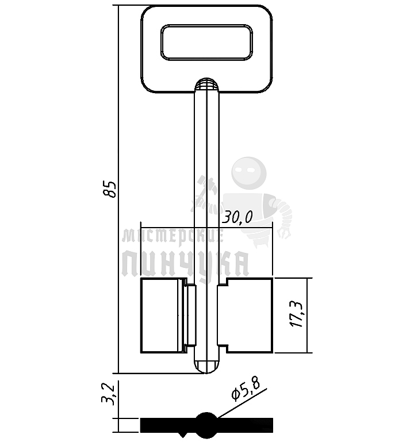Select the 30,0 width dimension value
pos(238,217)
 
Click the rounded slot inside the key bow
pos(206,43)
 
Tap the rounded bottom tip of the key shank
pos(206,366)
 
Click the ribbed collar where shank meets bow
pos(206,84)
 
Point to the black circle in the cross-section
pos(207,424)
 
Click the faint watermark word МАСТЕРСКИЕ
pos(172,236)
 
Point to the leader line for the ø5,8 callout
pos(241,405)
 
